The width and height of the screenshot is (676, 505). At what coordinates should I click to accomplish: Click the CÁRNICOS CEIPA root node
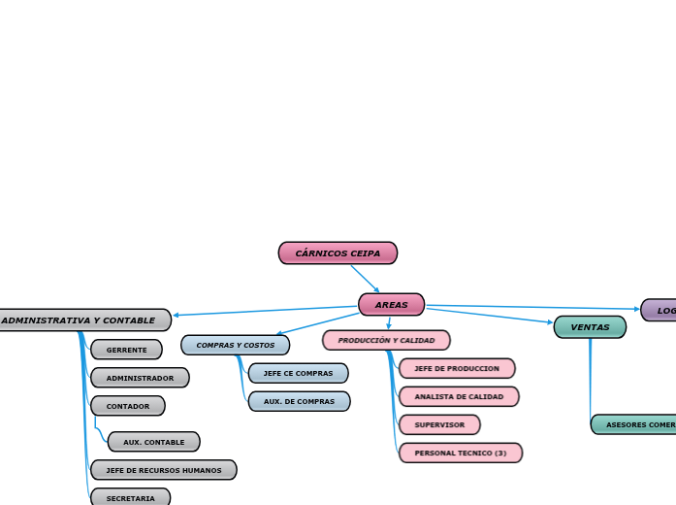pyautogui.click(x=338, y=253)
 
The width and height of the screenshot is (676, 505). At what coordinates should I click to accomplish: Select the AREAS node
pyautogui.click(x=391, y=305)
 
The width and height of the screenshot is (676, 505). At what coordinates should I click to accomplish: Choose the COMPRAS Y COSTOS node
pyautogui.click(x=235, y=345)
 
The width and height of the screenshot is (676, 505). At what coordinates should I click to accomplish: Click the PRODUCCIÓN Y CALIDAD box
pyautogui.click(x=386, y=341)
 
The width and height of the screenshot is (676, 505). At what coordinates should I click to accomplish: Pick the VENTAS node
pyautogui.click(x=590, y=327)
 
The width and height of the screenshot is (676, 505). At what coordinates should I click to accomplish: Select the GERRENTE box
pyautogui.click(x=126, y=350)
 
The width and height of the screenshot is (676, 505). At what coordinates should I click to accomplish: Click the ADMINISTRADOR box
pyautogui.click(x=140, y=378)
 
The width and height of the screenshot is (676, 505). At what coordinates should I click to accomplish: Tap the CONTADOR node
pyautogui.click(x=127, y=406)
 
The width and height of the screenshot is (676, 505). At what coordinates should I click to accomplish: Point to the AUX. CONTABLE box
pyautogui.click(x=153, y=442)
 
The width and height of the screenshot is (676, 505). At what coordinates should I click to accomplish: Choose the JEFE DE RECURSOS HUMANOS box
pyautogui.click(x=163, y=470)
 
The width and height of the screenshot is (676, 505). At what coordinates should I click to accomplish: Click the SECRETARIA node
pyautogui.click(x=130, y=498)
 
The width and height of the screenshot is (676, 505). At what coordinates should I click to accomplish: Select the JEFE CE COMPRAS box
pyautogui.click(x=298, y=373)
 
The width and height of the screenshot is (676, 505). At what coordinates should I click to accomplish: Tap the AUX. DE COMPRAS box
pyautogui.click(x=299, y=401)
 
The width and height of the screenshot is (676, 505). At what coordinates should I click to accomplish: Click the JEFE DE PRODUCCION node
pyautogui.click(x=456, y=369)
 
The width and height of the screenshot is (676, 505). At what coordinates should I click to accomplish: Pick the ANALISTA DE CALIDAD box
pyautogui.click(x=459, y=396)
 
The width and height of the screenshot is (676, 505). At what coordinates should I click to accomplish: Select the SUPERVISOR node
pyautogui.click(x=439, y=424)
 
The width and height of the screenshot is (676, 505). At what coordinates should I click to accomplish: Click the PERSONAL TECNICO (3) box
pyautogui.click(x=460, y=453)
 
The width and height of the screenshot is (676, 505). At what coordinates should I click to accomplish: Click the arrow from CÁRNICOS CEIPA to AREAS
pyautogui.click(x=365, y=279)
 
